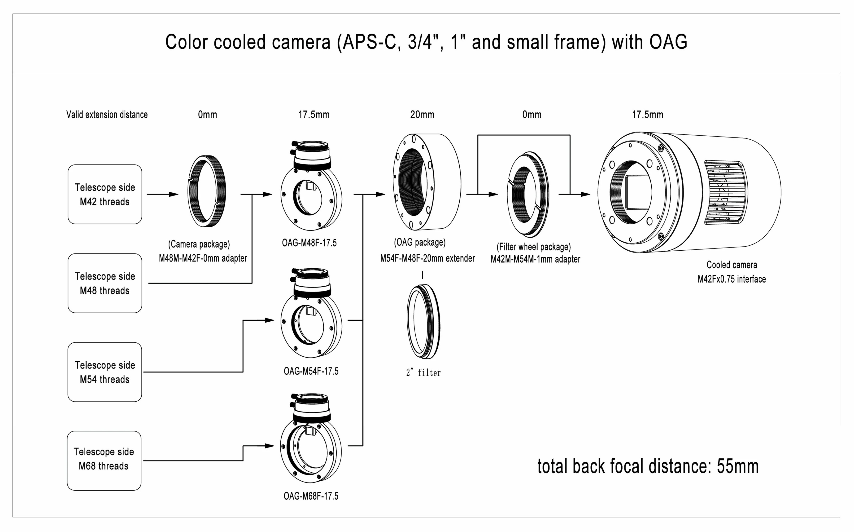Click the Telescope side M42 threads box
coord(105,194)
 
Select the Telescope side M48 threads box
coord(105,283)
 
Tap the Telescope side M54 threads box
coord(105,372)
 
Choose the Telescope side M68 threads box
coord(104,461)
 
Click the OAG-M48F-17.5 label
coord(309,243)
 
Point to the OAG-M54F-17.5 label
coord(311,371)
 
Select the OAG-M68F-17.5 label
coord(311,496)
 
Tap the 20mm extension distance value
coord(422,115)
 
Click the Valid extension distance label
coord(107,115)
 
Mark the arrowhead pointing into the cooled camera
coord(585,194)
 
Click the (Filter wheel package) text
coord(533,247)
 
